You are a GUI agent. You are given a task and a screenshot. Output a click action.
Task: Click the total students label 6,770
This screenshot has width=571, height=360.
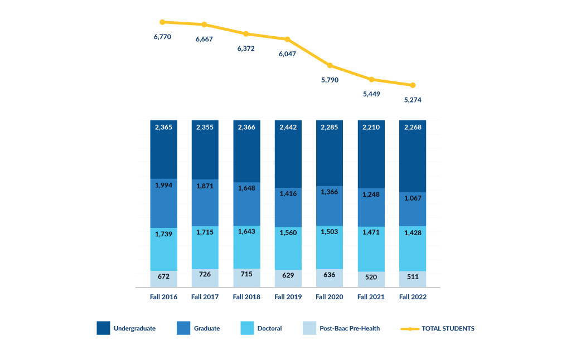click(x=162, y=37)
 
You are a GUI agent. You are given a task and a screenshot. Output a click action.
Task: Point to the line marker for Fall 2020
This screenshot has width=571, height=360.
click(x=330, y=65)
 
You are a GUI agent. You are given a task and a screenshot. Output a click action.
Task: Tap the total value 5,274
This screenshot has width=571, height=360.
click(x=413, y=100)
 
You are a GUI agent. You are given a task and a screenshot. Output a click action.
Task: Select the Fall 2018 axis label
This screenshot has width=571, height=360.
click(x=246, y=297)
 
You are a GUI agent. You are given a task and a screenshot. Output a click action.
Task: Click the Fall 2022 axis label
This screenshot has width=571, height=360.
click(x=413, y=297)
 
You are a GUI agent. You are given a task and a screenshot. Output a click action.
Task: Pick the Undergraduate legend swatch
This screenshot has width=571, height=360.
click(x=103, y=328)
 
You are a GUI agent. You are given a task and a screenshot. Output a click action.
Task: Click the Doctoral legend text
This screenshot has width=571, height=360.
click(x=269, y=329)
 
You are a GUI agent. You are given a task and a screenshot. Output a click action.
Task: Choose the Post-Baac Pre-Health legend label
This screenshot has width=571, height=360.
click(x=350, y=329)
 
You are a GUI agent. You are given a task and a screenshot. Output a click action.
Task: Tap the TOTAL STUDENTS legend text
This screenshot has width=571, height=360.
click(x=448, y=329)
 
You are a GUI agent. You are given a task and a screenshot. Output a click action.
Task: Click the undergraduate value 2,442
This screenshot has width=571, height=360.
click(x=288, y=128)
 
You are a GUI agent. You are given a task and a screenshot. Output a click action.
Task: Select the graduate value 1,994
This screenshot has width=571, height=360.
click(x=163, y=185)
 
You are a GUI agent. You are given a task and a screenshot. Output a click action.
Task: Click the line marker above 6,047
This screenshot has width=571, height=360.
click(x=288, y=39)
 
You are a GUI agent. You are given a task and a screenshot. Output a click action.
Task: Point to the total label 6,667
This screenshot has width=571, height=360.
click(x=205, y=40)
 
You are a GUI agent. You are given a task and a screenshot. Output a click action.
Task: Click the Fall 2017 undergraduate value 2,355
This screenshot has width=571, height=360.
click(x=205, y=128)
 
